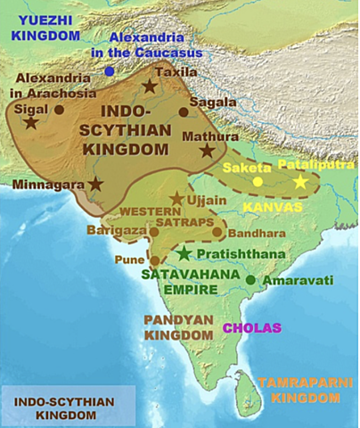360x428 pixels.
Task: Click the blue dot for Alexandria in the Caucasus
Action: tap(109, 70)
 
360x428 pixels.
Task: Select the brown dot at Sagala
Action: tap(184, 112)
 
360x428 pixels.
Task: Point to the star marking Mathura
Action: tap(208, 151)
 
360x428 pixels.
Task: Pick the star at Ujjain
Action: tap(177, 200)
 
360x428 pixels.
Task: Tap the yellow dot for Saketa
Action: tap(258, 182)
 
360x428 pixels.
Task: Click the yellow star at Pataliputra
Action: tap(300, 182)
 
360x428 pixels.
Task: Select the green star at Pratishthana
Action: tap(184, 254)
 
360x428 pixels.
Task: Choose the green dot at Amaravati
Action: tap(252, 280)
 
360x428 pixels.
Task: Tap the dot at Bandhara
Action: tap(218, 233)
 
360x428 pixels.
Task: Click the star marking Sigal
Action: tap(31, 121)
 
